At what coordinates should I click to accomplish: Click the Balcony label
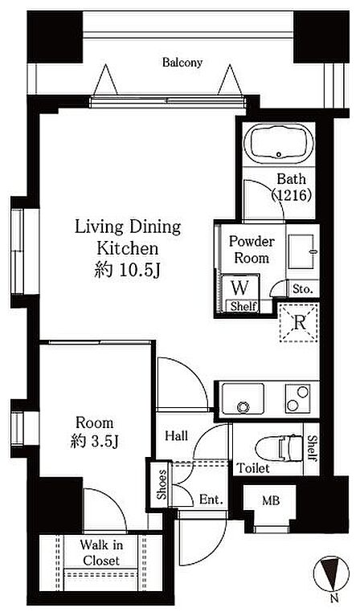(182, 63)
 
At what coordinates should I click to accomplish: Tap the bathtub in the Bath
(279, 144)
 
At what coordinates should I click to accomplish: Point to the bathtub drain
(279, 154)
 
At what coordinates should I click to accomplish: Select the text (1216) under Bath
(292, 194)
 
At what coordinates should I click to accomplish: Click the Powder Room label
(252, 250)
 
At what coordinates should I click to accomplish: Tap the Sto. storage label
(303, 290)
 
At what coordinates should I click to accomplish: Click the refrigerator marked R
(299, 323)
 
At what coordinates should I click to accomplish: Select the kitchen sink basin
(243, 398)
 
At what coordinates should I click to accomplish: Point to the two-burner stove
(298, 398)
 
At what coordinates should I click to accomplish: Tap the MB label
(271, 501)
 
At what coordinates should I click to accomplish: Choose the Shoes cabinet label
(162, 484)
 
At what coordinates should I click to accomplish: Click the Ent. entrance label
(211, 500)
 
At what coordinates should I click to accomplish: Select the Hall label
(177, 435)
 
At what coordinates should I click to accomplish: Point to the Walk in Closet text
(101, 553)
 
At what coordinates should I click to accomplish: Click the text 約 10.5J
(126, 271)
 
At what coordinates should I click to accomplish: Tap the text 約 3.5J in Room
(94, 442)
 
